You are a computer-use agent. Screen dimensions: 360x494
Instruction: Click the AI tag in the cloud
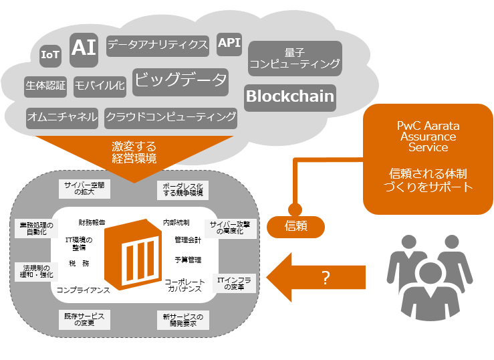[84, 48]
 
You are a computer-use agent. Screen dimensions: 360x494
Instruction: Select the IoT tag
[51, 56]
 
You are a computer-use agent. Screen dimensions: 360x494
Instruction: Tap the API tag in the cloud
[229, 44]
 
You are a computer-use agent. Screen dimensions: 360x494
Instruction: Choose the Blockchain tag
[289, 96]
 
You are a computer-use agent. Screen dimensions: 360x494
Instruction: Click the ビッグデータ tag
[180, 81]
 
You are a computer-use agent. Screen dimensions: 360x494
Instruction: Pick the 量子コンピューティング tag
[295, 58]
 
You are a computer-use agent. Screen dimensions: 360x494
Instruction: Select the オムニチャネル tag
[62, 117]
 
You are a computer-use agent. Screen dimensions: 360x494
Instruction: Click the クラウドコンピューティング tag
[171, 117]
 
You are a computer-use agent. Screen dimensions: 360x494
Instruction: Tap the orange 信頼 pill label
[296, 226]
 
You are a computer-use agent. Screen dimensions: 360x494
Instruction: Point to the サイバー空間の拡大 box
[85, 189]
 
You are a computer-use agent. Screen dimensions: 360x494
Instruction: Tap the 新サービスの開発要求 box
[182, 319]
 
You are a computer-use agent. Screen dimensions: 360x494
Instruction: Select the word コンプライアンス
[83, 290]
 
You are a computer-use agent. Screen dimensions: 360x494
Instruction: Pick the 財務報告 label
[92, 222]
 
